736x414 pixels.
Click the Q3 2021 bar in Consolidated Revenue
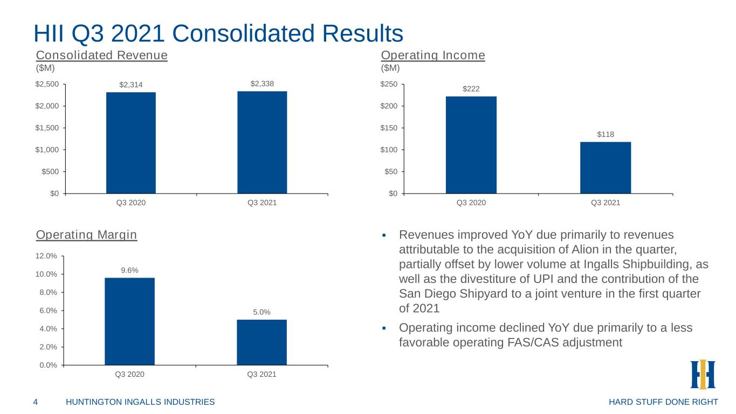pos(262,142)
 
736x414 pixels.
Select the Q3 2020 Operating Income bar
pos(471,145)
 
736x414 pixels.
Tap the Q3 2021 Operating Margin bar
pos(262,342)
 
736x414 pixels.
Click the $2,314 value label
pos(131,85)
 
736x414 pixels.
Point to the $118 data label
pos(606,134)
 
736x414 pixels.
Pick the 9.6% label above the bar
pos(130,271)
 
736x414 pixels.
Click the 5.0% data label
pos(262,312)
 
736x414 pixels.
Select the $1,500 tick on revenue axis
pos(47,128)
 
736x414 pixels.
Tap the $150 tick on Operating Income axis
pos(389,128)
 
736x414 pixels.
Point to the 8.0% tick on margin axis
pos(49,292)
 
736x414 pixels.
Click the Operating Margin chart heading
pos(86,235)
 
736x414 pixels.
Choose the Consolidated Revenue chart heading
pos(102,55)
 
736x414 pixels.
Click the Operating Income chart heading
pos(433,55)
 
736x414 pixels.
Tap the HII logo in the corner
pos(703,374)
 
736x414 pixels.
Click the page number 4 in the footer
pos(36,402)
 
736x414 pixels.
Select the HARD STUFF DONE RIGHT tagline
pos(663,402)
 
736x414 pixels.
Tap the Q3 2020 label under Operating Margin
pos(130,374)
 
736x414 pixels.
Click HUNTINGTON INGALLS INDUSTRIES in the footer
pos(140,402)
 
